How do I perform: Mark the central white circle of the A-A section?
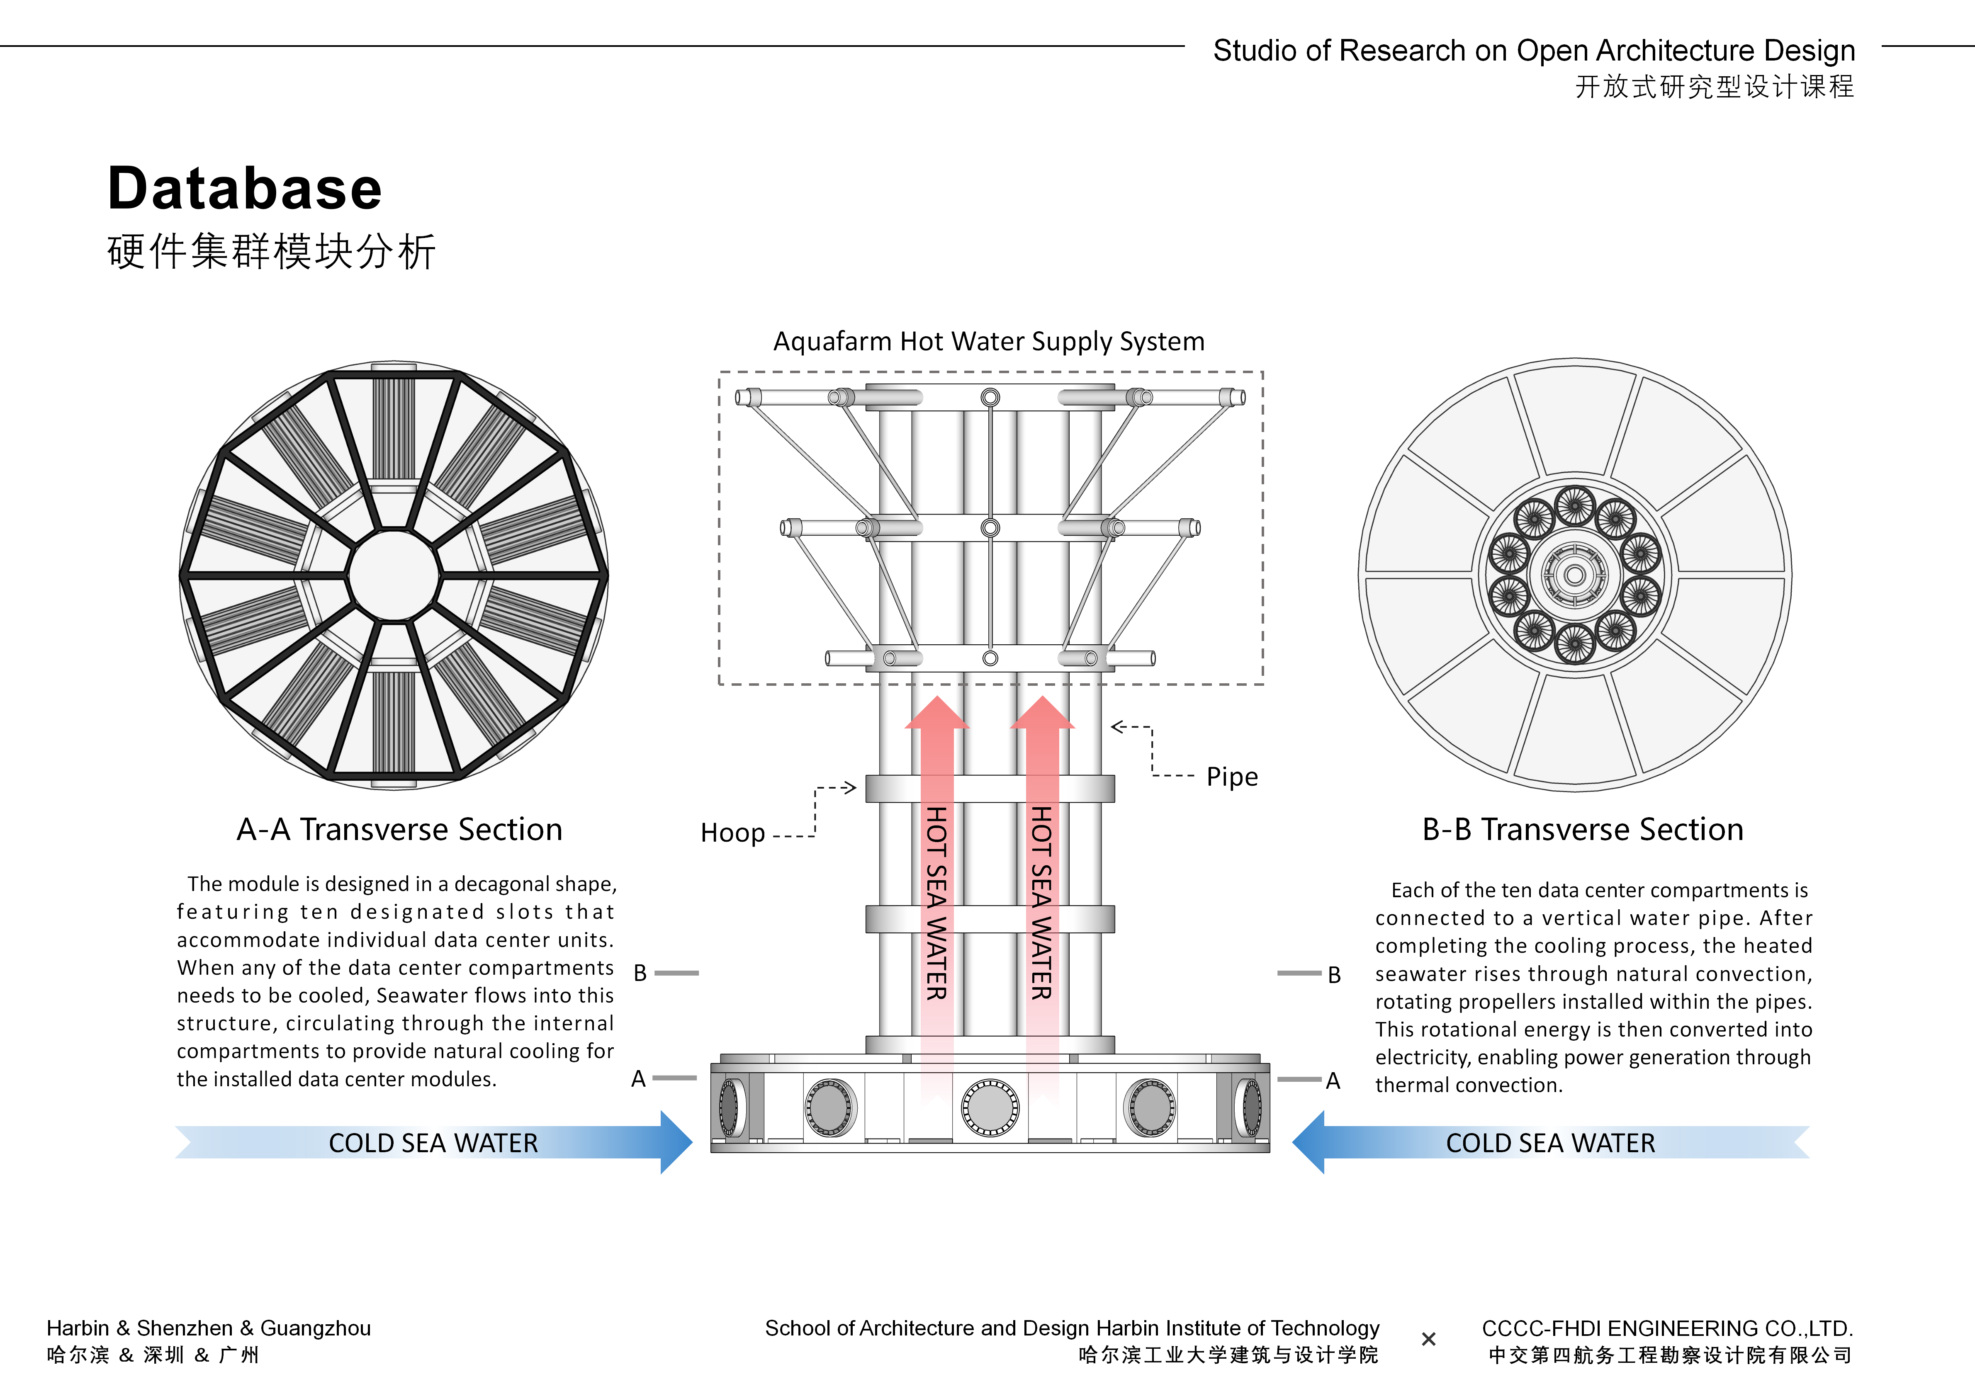coord(393,575)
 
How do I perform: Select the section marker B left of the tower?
coord(640,973)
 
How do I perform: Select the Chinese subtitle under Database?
coord(271,252)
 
